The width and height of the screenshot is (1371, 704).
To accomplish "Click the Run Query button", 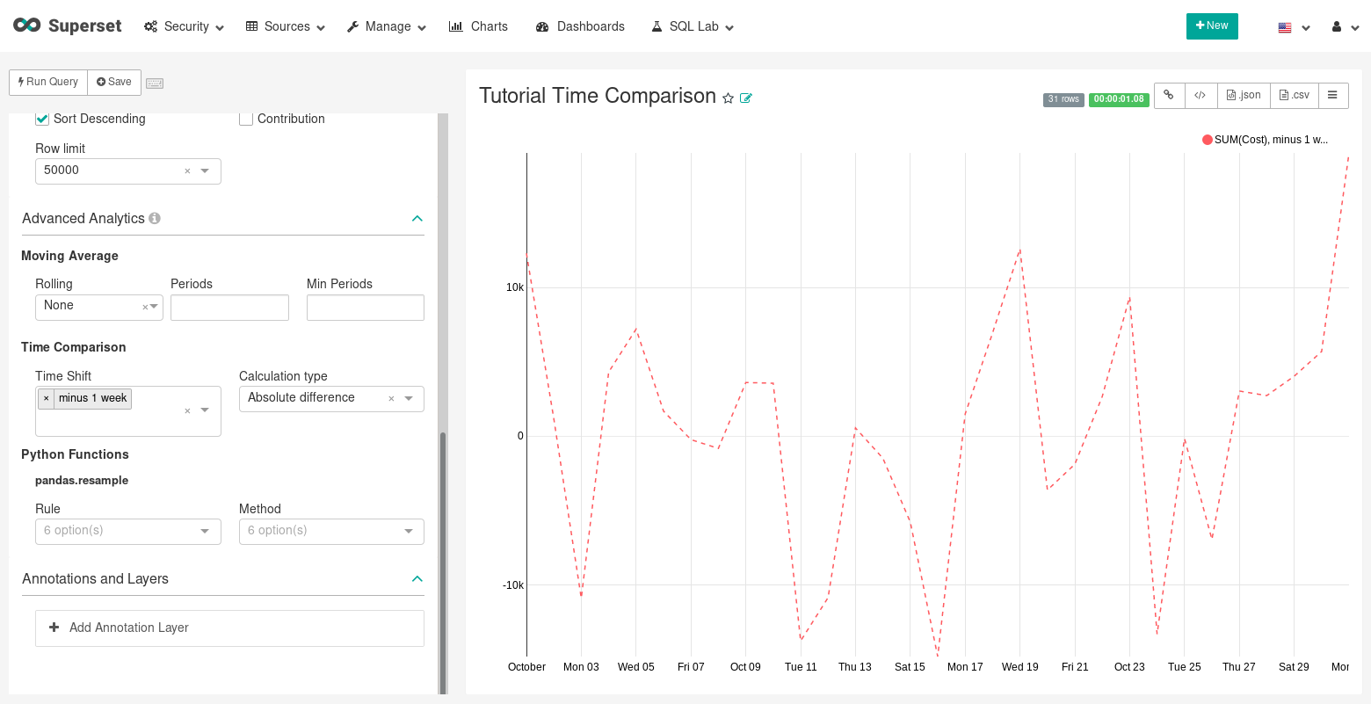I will pyautogui.click(x=48, y=82).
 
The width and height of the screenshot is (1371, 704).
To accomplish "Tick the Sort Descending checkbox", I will pyautogui.click(x=42, y=119).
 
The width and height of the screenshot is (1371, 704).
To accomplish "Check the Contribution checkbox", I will pyautogui.click(x=246, y=119).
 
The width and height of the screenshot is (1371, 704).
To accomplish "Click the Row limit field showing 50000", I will pyautogui.click(x=110, y=171).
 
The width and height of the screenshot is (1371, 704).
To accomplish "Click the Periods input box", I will pyautogui.click(x=229, y=308).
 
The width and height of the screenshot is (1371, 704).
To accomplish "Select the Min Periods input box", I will pyautogui.click(x=365, y=308).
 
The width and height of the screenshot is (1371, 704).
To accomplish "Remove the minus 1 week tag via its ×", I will pyautogui.click(x=47, y=398).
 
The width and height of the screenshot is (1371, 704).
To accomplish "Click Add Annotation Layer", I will pyautogui.click(x=129, y=628).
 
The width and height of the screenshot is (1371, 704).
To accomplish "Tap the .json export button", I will pyautogui.click(x=1244, y=95).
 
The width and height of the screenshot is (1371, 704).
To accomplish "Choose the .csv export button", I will pyautogui.click(x=1294, y=95).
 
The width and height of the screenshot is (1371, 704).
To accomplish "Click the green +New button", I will pyautogui.click(x=1212, y=26).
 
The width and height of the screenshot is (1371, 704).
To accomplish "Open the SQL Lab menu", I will pyautogui.click(x=693, y=26).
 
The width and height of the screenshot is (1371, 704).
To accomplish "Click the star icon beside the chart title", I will pyautogui.click(x=728, y=98).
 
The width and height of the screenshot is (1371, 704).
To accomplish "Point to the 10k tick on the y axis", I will pyautogui.click(x=514, y=287).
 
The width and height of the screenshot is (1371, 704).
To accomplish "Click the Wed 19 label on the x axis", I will pyautogui.click(x=1019, y=667).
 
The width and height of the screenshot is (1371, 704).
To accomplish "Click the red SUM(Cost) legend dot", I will pyautogui.click(x=1208, y=140).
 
